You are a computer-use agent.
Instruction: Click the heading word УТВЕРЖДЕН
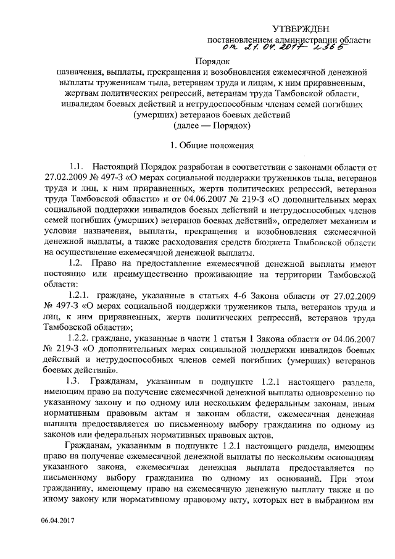point(301,29)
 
